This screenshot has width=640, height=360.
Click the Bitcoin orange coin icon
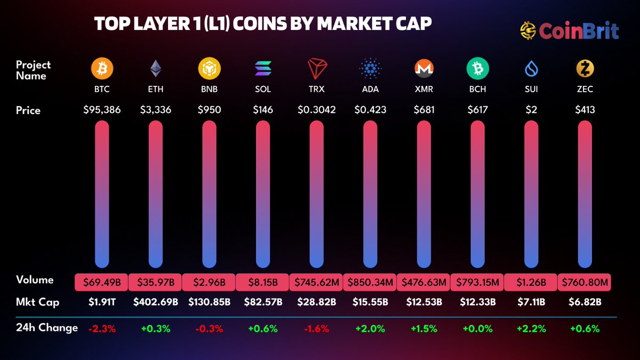[x=102, y=68]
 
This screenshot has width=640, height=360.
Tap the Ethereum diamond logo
[x=156, y=68]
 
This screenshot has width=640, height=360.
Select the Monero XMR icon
[x=424, y=68]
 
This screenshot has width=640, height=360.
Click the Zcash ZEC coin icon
[x=585, y=68]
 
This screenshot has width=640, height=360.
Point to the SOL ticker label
[x=263, y=89]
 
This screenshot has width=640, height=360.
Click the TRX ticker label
[x=316, y=89]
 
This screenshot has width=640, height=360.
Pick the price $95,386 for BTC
[x=102, y=110]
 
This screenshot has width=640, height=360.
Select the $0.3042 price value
[x=316, y=110]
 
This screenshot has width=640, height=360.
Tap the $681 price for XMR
[x=424, y=110]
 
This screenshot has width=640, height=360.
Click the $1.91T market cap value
[x=102, y=302]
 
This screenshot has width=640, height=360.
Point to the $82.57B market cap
[x=263, y=302]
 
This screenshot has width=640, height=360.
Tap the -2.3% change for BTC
[x=102, y=329]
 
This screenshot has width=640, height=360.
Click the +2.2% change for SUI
[x=531, y=329]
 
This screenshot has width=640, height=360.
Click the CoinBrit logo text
[x=579, y=30]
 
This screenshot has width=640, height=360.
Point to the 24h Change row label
[x=47, y=327]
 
